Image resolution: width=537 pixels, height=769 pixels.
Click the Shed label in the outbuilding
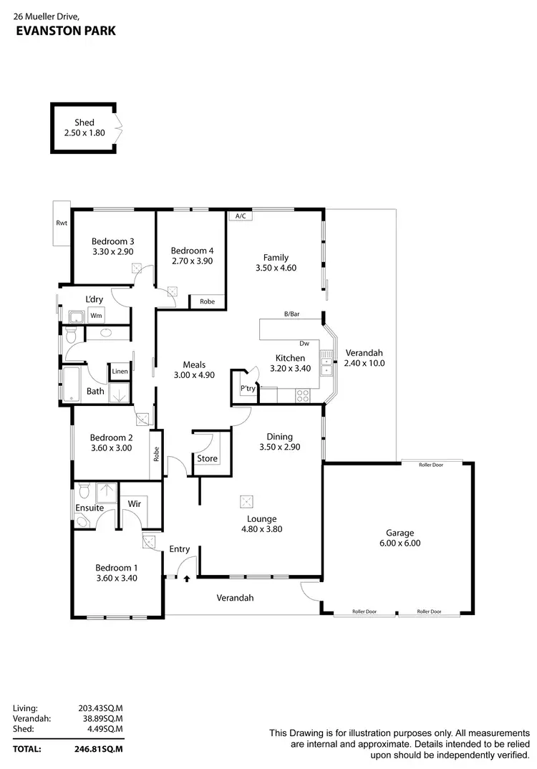pyautogui.click(x=84, y=122)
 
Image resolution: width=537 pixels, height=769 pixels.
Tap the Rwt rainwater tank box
pyautogui.click(x=62, y=223)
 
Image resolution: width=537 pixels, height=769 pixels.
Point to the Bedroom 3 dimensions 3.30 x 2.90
pyautogui.click(x=113, y=252)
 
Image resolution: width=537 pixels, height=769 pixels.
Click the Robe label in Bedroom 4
pyautogui.click(x=207, y=301)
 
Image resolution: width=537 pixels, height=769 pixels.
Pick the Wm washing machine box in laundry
pyautogui.click(x=96, y=315)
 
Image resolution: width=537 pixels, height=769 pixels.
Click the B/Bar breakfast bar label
pyautogui.click(x=291, y=314)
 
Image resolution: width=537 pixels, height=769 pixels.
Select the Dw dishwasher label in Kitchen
pyautogui.click(x=304, y=344)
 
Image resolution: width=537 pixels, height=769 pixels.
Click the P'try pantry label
pyautogui.click(x=248, y=388)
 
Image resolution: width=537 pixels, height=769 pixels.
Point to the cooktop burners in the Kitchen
pyautogui.click(x=303, y=394)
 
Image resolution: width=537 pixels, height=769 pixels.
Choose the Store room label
pyautogui.click(x=208, y=458)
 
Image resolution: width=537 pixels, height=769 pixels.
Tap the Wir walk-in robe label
pyautogui.click(x=134, y=504)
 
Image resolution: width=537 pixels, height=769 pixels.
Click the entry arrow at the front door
pyautogui.click(x=187, y=577)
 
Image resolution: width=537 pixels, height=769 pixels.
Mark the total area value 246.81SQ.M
pyautogui.click(x=100, y=749)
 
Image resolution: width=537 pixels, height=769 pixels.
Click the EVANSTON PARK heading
pyautogui.click(x=65, y=31)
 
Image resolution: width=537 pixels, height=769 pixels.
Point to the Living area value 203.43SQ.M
pyautogui.click(x=100, y=708)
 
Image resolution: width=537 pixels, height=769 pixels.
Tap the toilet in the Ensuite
pyautogui.click(x=84, y=491)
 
